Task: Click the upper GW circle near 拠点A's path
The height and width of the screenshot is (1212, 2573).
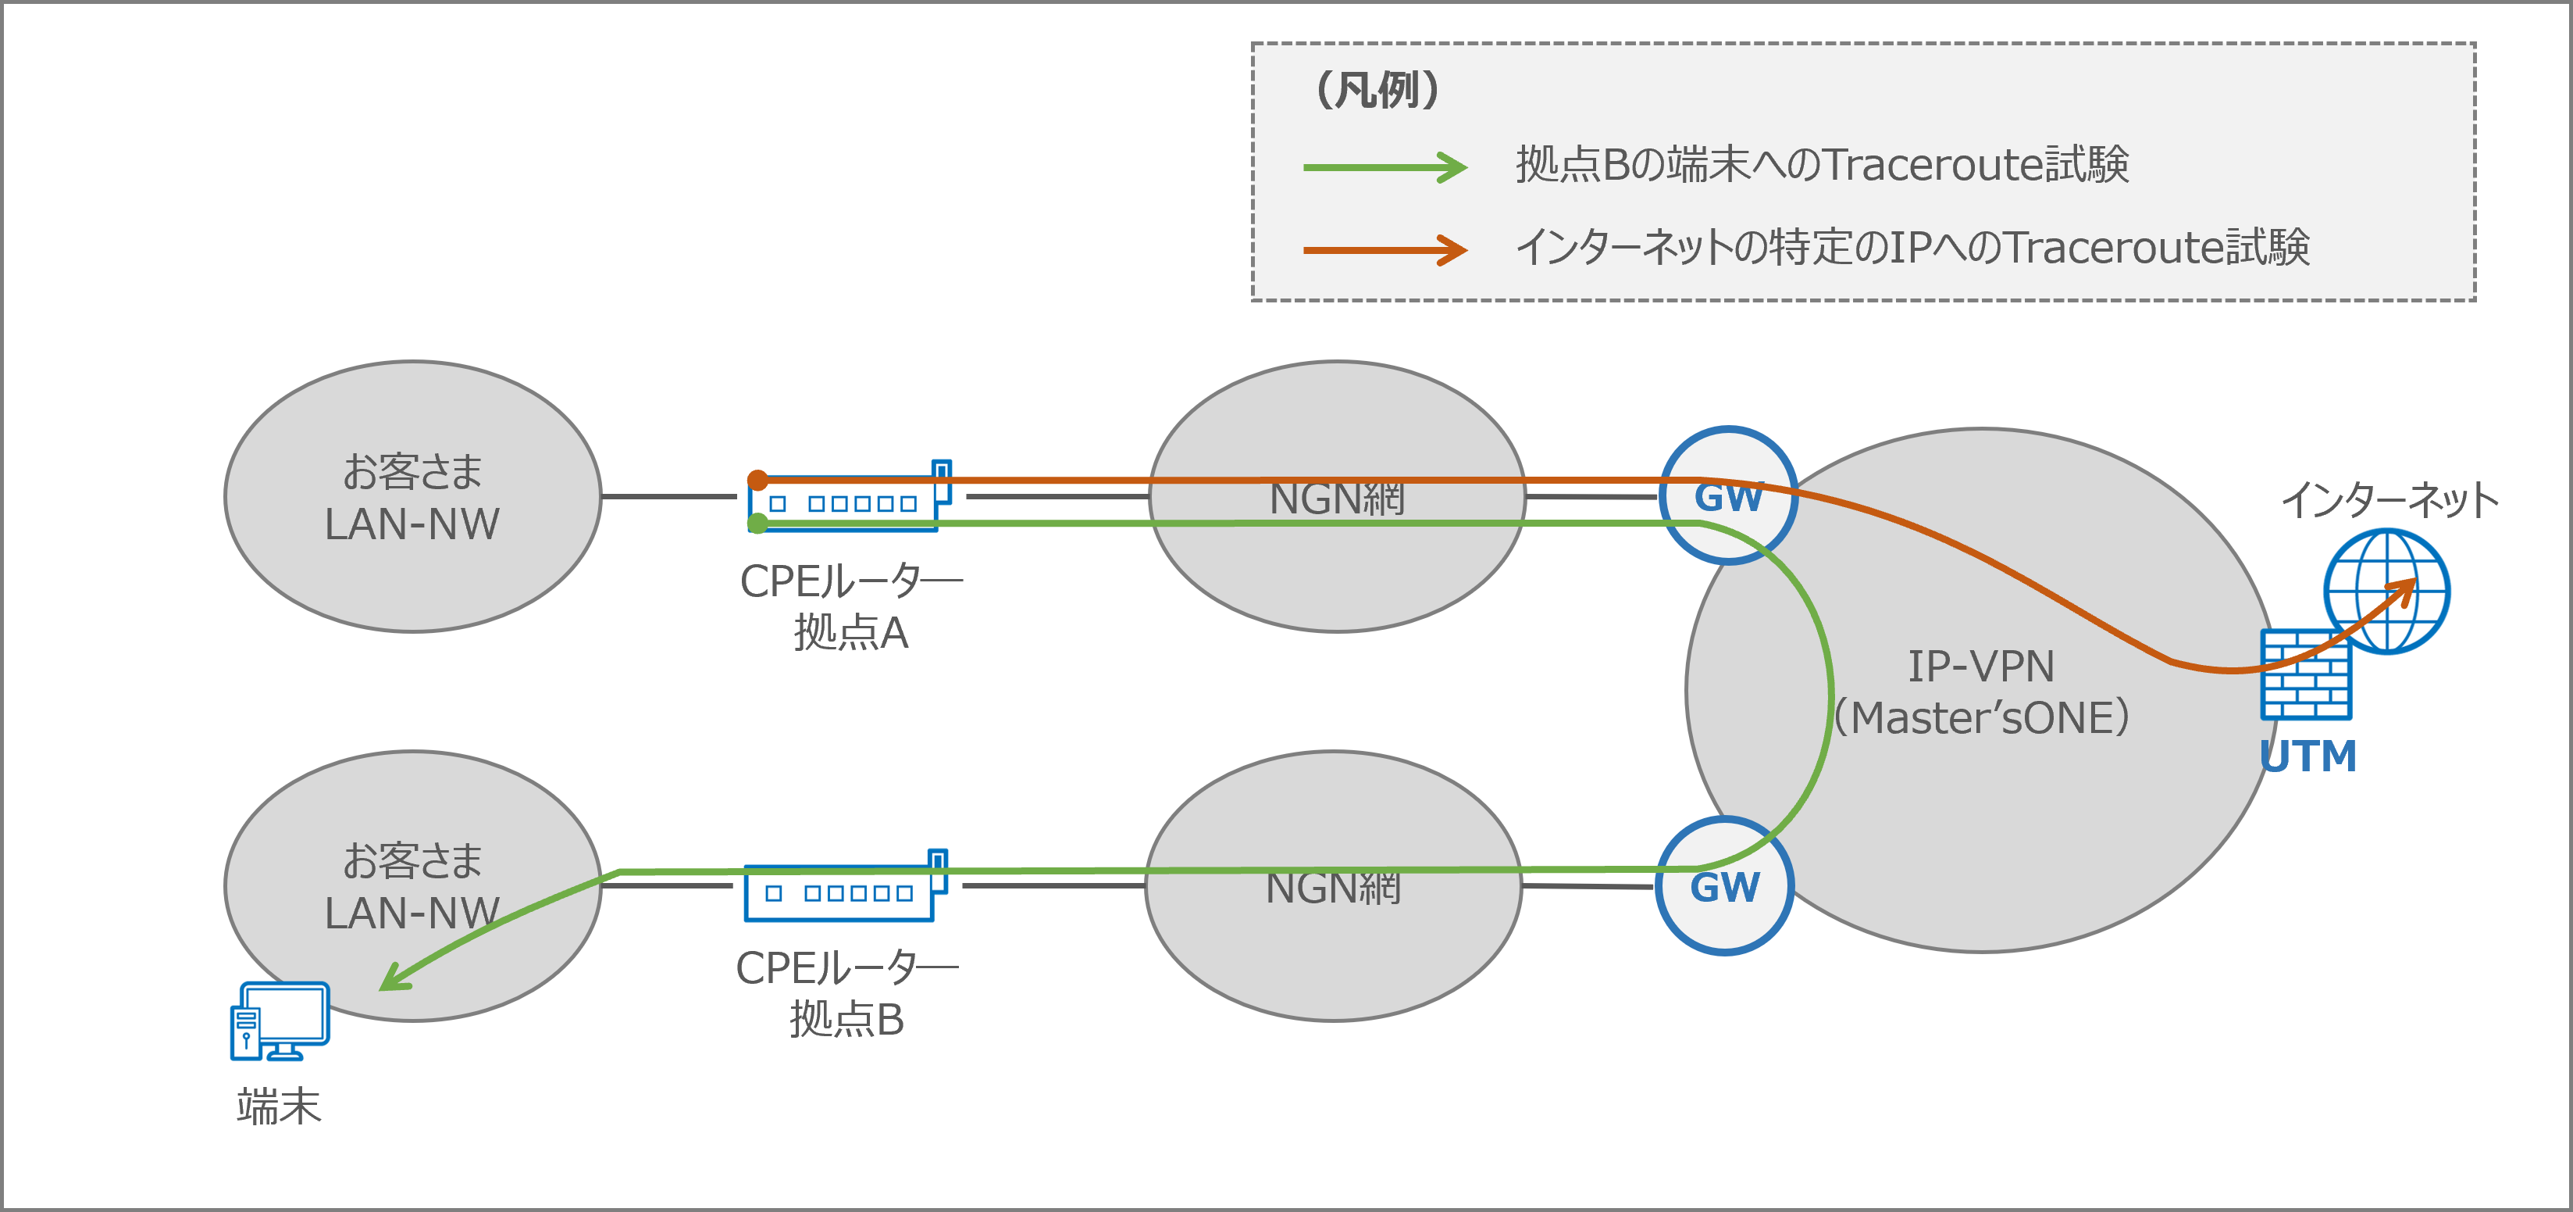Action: [1728, 496]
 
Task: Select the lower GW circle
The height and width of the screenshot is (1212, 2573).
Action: [1724, 887]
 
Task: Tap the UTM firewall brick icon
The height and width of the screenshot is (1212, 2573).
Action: [2304, 677]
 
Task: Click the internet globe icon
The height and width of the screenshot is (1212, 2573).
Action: [2386, 592]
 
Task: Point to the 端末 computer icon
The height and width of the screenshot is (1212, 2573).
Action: [280, 1020]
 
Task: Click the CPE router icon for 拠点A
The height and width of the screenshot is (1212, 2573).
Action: [848, 499]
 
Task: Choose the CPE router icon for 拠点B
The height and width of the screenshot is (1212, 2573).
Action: [844, 888]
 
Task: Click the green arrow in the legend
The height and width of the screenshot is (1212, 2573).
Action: [1385, 167]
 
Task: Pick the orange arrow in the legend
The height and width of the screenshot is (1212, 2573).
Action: [1385, 250]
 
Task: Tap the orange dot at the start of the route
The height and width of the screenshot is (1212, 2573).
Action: [758, 481]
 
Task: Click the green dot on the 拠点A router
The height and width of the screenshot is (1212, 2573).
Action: [758, 523]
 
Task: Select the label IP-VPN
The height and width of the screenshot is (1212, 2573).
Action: [1980, 667]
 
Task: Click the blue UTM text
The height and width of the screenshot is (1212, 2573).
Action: [2308, 756]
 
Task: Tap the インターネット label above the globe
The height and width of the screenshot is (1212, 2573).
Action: [2389, 499]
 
